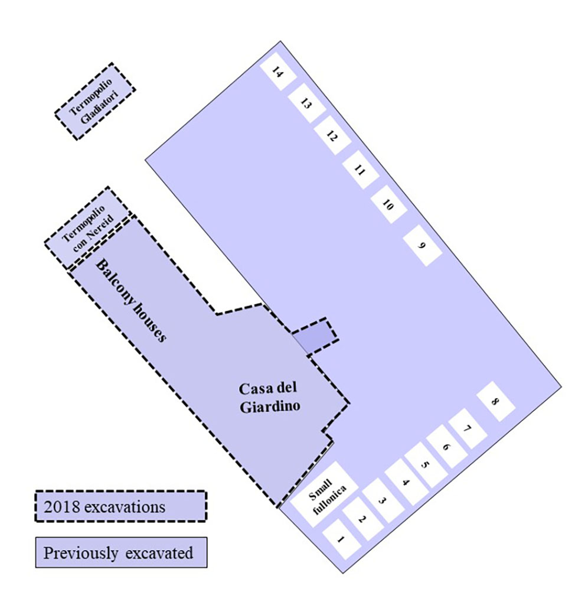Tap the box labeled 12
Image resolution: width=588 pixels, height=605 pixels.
click(332, 136)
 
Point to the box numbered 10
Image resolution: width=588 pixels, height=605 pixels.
click(388, 204)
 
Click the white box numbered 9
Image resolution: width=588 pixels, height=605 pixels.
click(422, 245)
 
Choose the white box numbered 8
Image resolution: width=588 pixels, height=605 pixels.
click(495, 402)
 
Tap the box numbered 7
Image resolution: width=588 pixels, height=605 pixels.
click(467, 428)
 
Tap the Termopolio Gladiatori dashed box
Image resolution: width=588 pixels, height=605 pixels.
click(94, 102)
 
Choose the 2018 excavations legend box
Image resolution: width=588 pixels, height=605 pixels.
click(120, 506)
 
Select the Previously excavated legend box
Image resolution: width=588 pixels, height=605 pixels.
click(120, 552)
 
